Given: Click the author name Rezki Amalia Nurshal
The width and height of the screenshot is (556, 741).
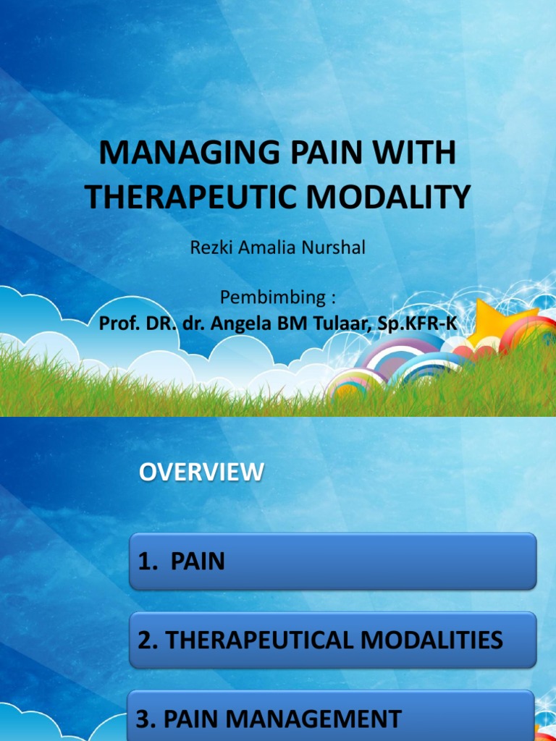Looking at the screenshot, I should pos(277,247).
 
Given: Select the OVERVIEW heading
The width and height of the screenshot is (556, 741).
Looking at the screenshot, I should pos(201,473).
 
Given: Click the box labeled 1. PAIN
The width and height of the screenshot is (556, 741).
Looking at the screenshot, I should pos(333,562).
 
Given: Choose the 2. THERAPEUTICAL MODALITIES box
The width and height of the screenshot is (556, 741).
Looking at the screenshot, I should pos(333,640).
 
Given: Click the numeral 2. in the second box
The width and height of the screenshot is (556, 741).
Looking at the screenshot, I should pos(145,640).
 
